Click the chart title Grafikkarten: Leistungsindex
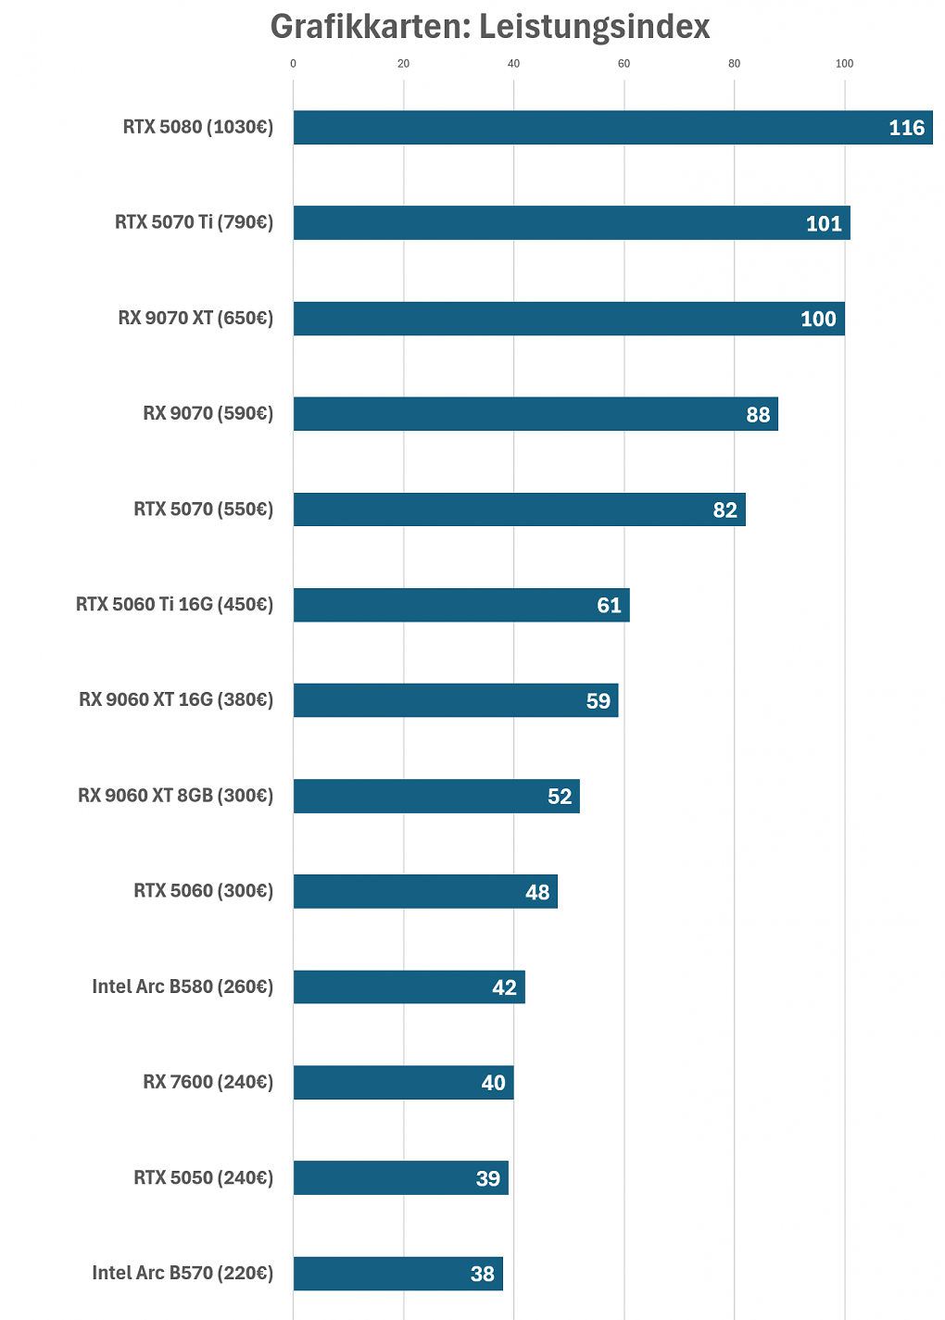[490, 27]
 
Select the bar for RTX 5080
[613, 127]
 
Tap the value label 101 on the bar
[824, 223]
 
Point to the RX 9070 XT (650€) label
[195, 319]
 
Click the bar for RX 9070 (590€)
[535, 414]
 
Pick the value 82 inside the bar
[725, 509]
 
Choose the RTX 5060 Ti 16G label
[174, 605]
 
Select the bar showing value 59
[456, 700]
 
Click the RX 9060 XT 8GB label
[176, 796]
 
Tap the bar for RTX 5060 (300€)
[425, 891]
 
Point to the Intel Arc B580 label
[183, 987]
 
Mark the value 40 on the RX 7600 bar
[494, 1083]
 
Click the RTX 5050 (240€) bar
[401, 1177]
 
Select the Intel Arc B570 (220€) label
[183, 1273]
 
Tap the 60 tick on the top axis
[624, 64]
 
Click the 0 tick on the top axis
[293, 64]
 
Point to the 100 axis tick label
[844, 64]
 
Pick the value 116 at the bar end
[907, 128]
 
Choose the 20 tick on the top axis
[403, 64]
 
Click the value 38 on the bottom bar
[482, 1274]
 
